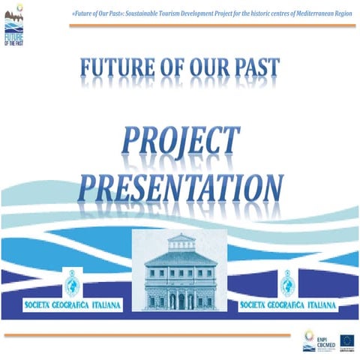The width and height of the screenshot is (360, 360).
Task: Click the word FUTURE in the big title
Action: pos(121,70)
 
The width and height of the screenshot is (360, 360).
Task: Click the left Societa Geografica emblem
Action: pos(73,284)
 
